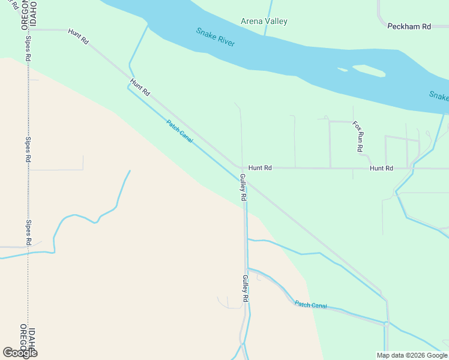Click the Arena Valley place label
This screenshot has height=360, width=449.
(264, 22)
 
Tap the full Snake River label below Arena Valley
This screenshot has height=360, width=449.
(215, 37)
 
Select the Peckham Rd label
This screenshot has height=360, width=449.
(409, 26)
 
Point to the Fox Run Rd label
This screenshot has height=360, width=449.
(358, 136)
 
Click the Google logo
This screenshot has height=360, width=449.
(20, 352)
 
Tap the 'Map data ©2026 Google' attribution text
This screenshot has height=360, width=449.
(412, 355)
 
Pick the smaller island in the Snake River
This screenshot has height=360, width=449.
(343, 70)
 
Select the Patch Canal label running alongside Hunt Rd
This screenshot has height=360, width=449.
(179, 131)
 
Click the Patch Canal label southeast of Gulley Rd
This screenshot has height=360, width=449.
(311, 305)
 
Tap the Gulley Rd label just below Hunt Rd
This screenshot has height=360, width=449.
(243, 187)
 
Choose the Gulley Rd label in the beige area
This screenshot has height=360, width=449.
(245, 288)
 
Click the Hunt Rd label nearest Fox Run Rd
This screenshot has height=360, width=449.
(381, 169)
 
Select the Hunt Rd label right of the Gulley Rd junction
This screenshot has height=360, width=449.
(260, 168)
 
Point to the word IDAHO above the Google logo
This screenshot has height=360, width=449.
(32, 340)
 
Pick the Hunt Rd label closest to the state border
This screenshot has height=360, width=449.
(78, 37)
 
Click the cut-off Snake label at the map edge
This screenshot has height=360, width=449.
(439, 95)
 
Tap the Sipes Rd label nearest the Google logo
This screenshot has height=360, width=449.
(28, 232)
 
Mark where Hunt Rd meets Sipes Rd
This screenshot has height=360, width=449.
(28, 29)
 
